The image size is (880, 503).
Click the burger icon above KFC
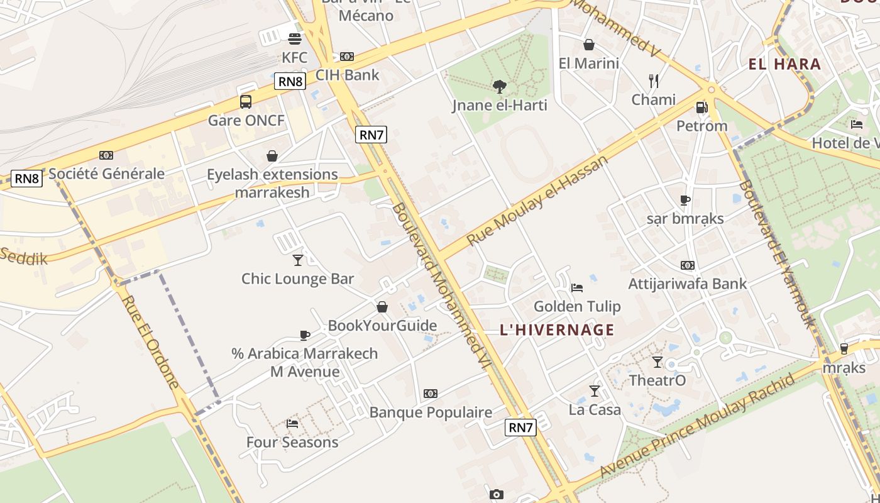point(295,39)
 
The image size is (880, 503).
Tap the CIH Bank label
point(348,75)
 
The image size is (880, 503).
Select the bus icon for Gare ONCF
point(246,102)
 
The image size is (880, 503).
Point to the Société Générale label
point(107,174)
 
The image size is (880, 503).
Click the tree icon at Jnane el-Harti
point(500,86)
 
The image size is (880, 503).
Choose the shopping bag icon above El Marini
point(589,45)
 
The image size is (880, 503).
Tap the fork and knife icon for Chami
point(654,80)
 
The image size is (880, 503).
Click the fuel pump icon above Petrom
point(701,108)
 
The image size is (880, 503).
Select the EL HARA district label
point(784,64)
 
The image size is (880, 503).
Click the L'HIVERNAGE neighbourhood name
point(557,329)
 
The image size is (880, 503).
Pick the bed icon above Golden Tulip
point(577,288)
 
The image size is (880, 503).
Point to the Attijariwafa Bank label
point(688,284)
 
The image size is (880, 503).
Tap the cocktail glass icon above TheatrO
point(657,362)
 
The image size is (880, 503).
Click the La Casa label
point(595,410)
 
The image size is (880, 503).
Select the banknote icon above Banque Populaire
point(431,394)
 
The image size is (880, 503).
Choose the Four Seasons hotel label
point(292,442)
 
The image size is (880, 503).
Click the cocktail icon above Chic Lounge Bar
point(298,260)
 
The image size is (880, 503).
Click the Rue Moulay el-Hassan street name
point(538,200)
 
